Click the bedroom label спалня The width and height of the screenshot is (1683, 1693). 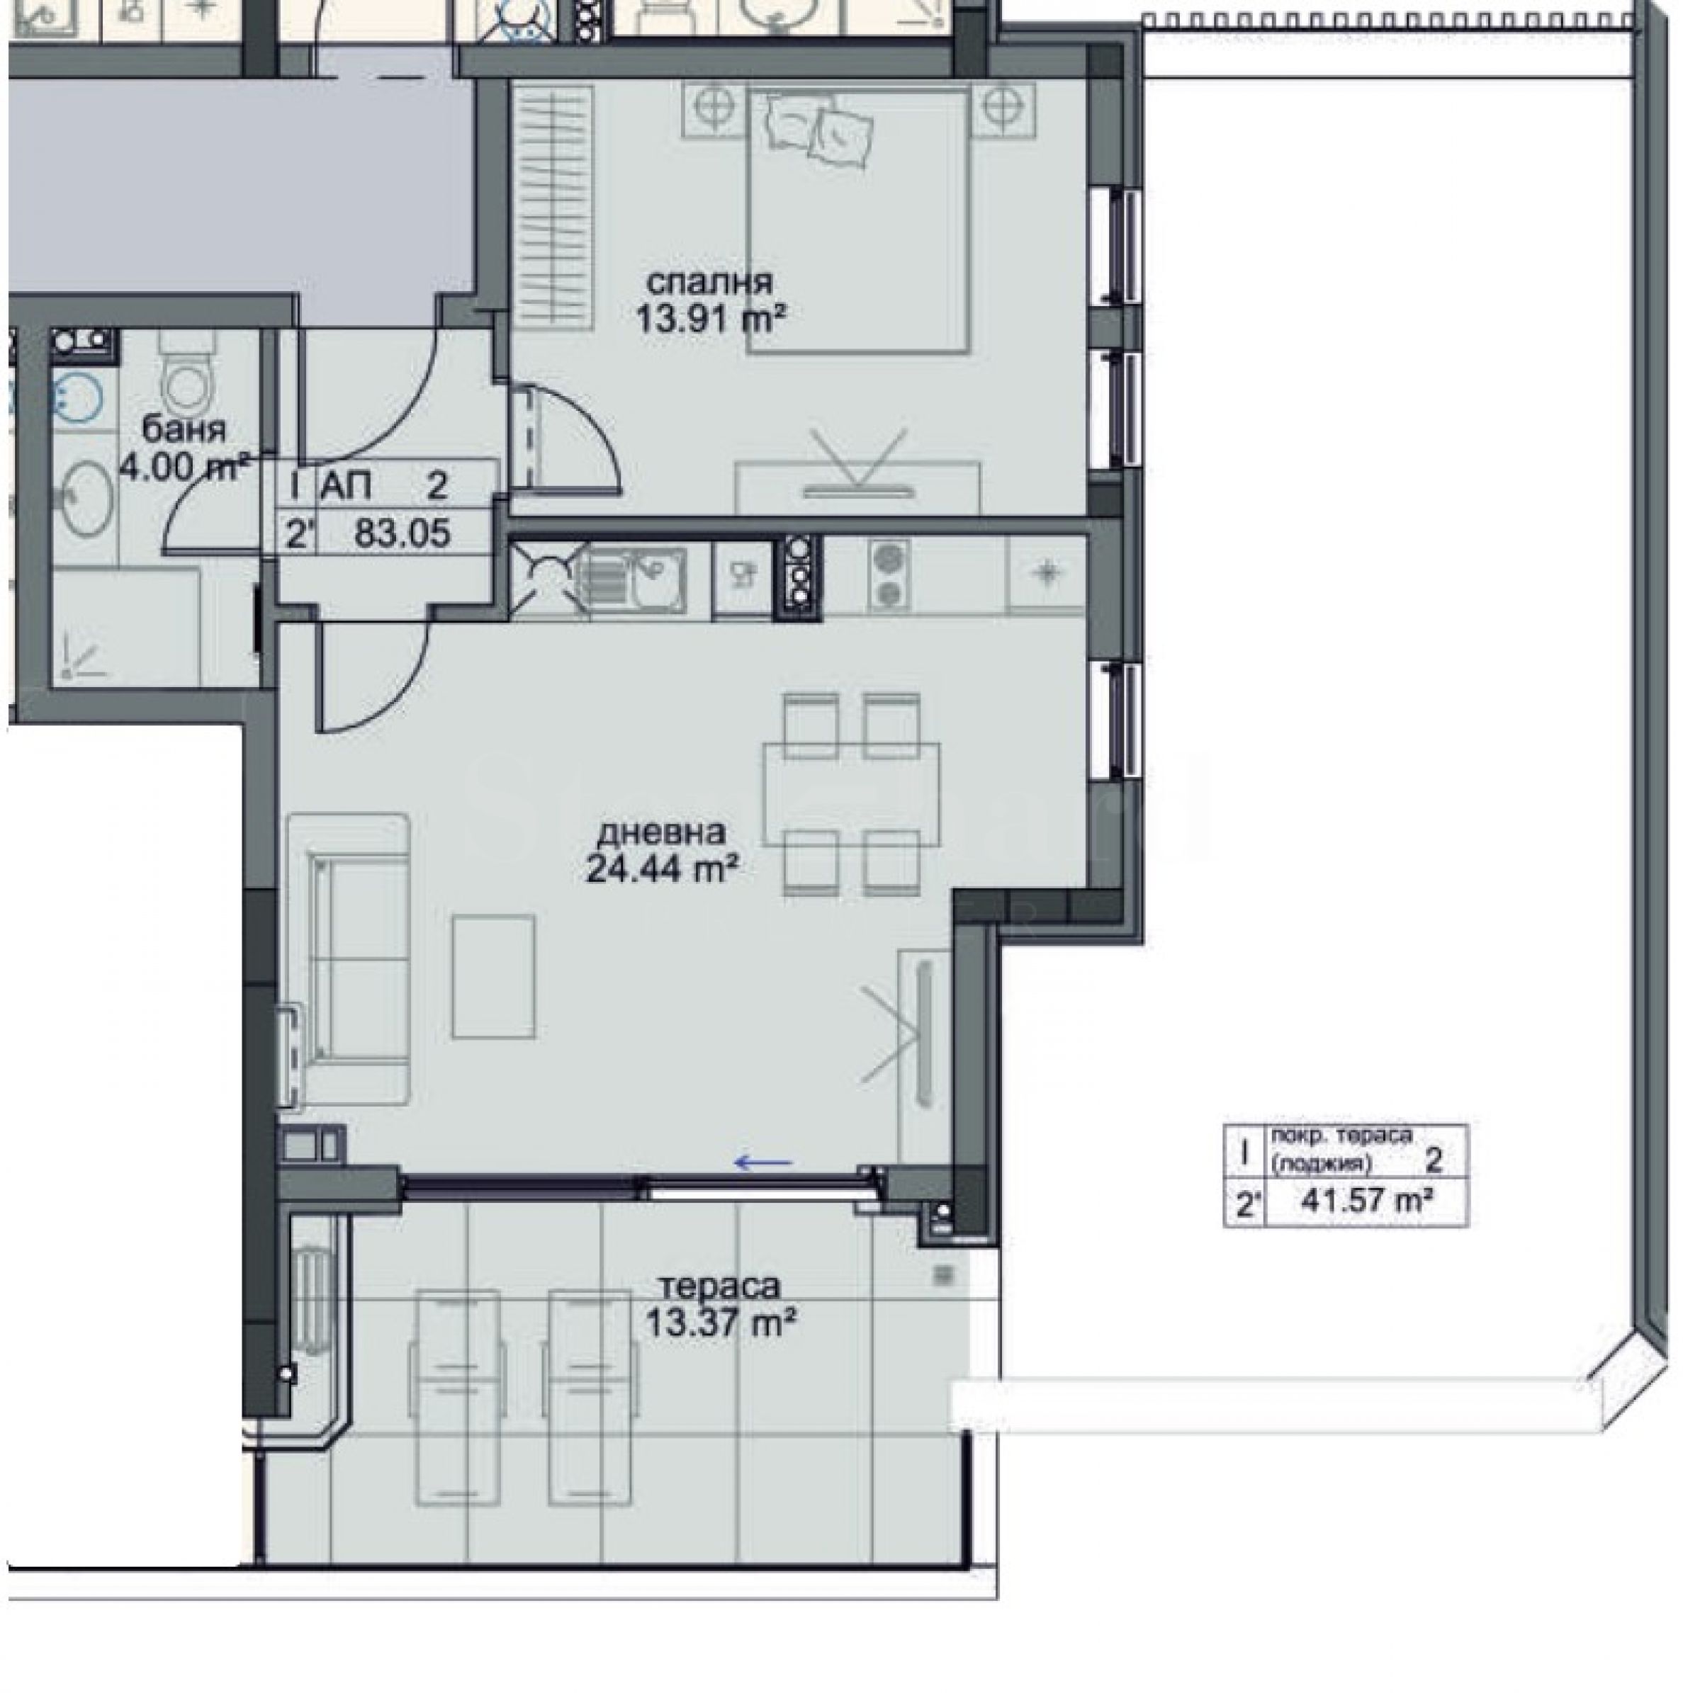(709, 284)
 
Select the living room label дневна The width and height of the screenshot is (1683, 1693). (662, 832)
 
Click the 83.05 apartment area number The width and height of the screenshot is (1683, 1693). (402, 533)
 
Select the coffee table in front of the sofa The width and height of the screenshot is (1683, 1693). (493, 975)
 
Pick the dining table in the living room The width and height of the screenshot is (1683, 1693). (851, 794)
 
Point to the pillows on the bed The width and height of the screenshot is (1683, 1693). (821, 130)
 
